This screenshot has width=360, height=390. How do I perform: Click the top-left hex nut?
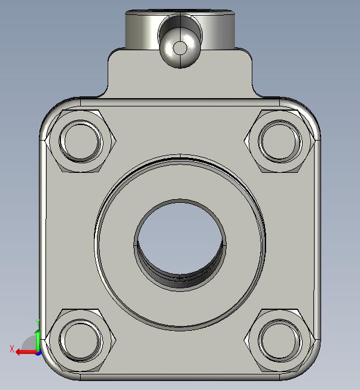(81, 141)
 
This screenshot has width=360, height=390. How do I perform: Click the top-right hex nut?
(279, 141)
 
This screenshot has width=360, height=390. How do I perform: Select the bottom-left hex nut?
(81, 340)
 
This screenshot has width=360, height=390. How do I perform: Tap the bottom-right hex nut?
(279, 340)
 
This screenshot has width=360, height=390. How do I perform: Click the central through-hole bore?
(180, 239)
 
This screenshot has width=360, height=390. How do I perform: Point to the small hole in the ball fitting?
(180, 48)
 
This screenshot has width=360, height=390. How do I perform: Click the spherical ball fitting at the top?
(180, 48)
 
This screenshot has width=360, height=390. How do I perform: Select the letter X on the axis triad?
(12, 349)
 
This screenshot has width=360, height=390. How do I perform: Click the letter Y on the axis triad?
(38, 322)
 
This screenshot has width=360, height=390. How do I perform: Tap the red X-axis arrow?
(27, 352)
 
